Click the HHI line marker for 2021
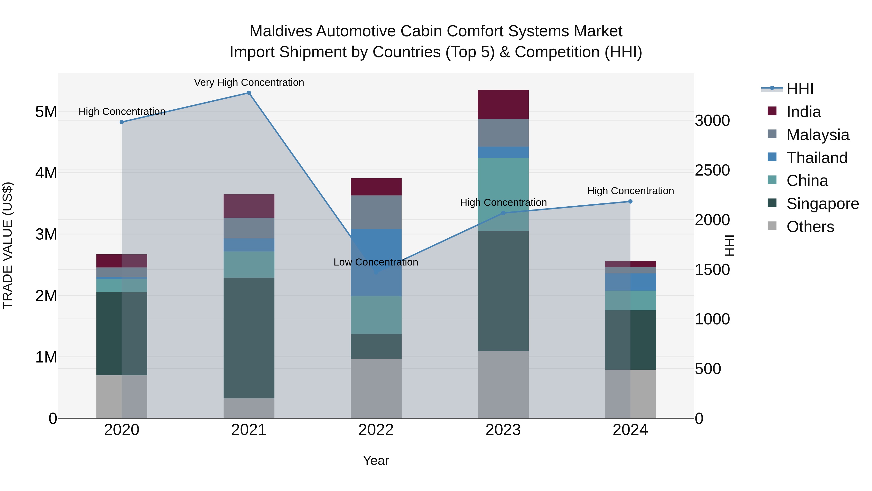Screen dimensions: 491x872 pos(249,93)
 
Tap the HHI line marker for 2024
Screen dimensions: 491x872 pos(630,202)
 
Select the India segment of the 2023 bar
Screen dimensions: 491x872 pos(503,104)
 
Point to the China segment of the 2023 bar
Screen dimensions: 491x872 pos(503,194)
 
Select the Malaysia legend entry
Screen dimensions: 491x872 pos(817,135)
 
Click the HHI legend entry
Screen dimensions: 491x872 pos(800,89)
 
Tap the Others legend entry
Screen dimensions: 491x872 pos(810,227)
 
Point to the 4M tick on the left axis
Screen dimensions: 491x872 pos(46,173)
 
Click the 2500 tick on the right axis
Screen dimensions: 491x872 pos(712,170)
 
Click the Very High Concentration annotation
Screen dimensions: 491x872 pos(249,82)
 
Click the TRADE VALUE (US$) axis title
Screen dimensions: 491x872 pos(8,245)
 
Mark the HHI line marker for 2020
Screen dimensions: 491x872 pos(122,122)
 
